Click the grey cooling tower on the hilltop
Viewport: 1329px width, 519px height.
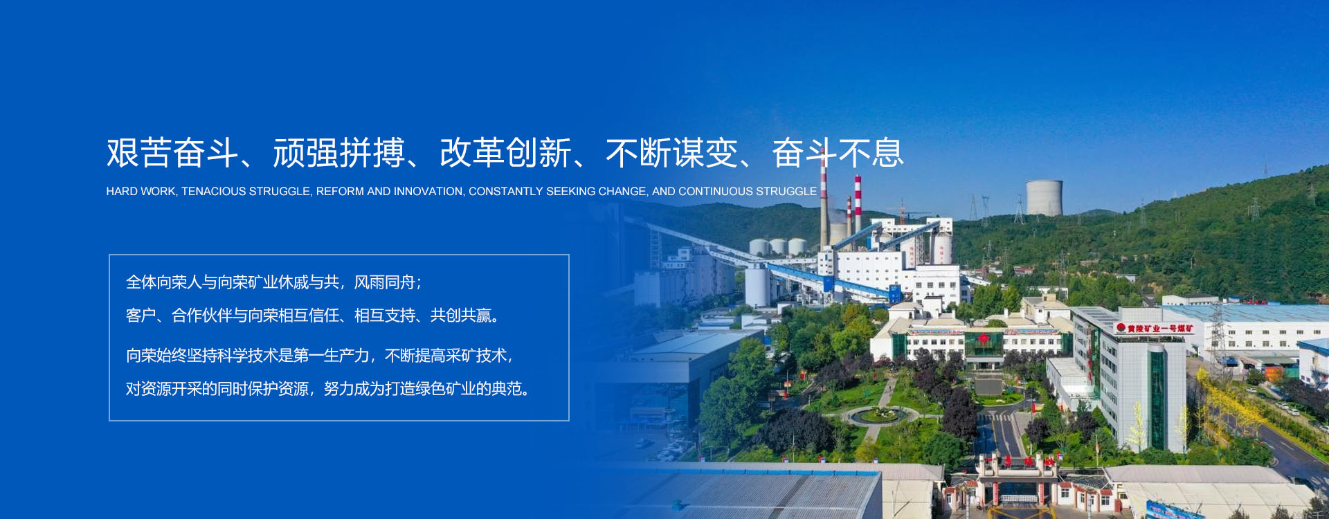point(1044,198)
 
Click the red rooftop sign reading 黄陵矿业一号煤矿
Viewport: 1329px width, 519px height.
point(1155,329)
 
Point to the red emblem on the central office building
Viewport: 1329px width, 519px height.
point(984,338)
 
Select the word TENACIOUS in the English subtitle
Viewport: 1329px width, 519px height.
point(213,192)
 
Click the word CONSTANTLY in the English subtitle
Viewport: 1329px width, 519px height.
point(506,192)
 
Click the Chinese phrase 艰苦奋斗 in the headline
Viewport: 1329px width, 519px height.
point(172,153)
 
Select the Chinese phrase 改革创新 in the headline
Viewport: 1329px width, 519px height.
point(505,153)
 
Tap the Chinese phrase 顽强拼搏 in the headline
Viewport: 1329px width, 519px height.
point(339,153)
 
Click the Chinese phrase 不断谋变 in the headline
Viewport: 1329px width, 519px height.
point(672,153)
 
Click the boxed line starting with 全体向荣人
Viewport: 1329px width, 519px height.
point(274,282)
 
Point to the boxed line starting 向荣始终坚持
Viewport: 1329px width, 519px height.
point(320,356)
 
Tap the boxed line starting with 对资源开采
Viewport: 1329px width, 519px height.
point(329,389)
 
